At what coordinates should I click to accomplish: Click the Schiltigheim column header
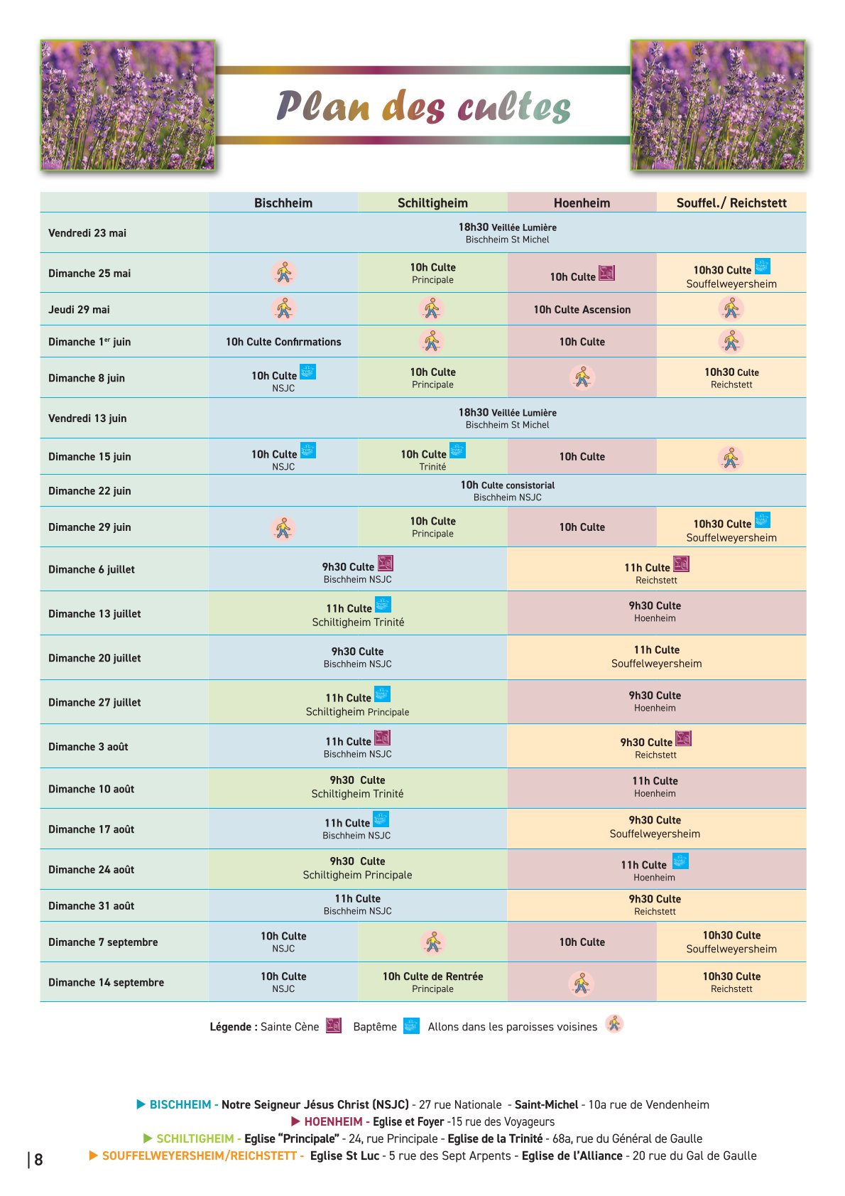pos(432,203)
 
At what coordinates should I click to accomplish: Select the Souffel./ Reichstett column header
pos(731,203)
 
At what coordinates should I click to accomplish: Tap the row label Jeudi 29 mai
pos(79,310)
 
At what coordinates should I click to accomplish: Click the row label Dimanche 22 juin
pos(89,490)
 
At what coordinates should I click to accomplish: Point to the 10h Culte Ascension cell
pos(582,310)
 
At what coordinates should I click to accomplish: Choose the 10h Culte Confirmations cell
pos(283,342)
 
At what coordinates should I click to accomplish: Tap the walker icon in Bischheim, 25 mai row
pos(284,273)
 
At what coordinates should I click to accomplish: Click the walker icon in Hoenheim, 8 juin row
pos(582,377)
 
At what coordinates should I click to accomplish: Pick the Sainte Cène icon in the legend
pos(334,1025)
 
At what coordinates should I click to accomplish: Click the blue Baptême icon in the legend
pos(410,1025)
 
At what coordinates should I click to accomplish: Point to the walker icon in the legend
pos(614,1023)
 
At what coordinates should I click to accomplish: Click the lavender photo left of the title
pos(128,105)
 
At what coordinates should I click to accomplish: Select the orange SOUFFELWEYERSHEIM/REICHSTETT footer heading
pos(200,1155)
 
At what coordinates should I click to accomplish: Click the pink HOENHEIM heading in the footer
pos(333,1121)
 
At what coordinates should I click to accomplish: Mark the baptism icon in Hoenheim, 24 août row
pos(680,861)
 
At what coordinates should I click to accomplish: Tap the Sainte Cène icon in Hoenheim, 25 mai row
pos(606,273)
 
